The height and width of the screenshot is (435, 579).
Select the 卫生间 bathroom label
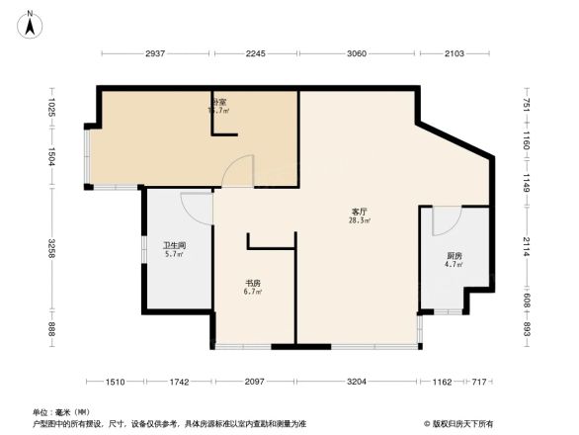tap(174, 245)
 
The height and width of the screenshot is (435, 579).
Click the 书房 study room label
tap(253, 284)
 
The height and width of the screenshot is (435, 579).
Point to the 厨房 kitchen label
tap(453, 256)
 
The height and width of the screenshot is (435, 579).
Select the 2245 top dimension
tap(258, 53)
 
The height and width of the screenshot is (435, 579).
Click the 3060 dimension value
tap(357, 53)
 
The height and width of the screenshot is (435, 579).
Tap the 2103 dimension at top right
tap(455, 53)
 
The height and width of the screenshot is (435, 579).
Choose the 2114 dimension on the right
tap(527, 248)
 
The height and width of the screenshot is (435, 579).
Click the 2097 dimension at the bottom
tap(255, 381)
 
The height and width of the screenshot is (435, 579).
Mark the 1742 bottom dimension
tap(179, 381)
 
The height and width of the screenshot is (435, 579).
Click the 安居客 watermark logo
tap(456, 422)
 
